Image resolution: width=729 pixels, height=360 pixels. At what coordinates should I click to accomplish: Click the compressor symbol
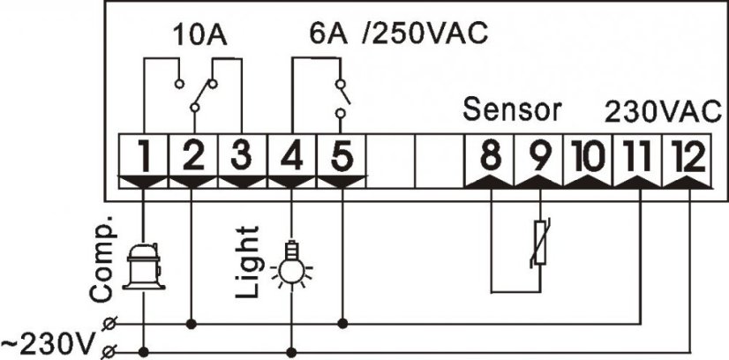coord(142,262)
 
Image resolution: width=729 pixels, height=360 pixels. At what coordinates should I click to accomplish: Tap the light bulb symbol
coord(291,262)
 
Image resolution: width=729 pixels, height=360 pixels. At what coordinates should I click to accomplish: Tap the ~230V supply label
coord(49,341)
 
